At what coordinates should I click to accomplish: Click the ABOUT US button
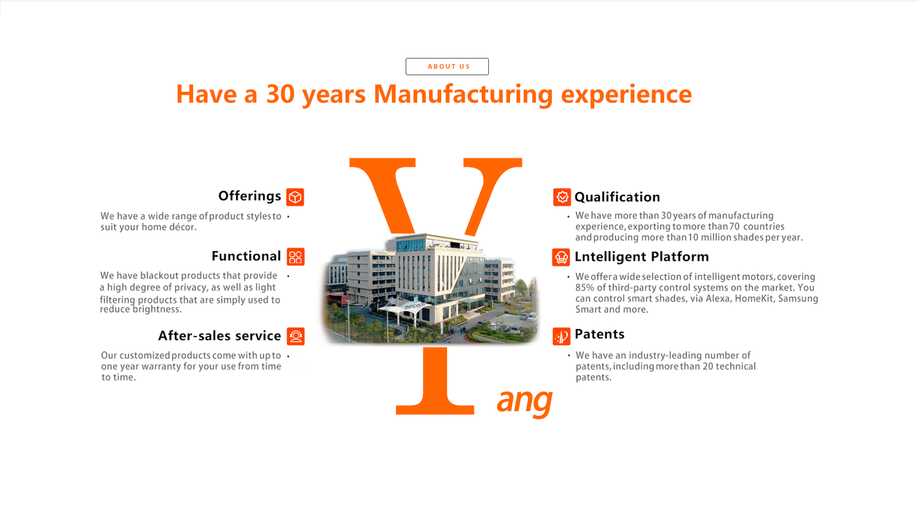[447, 67]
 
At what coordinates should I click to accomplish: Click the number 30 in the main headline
[281, 94]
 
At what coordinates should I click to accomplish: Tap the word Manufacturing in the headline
[463, 95]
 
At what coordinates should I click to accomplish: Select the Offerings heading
[249, 196]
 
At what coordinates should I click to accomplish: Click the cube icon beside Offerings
[295, 197]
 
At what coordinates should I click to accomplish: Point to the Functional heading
[246, 256]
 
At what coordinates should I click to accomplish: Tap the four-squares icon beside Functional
[295, 257]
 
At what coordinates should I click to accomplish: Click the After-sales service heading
[219, 336]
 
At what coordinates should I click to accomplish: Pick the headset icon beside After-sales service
[295, 336]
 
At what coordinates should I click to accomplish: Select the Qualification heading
[617, 197]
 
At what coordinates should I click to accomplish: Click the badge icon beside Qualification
[562, 197]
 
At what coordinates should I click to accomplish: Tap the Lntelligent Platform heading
[641, 257]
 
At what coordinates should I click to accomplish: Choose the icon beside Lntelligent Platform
[561, 257]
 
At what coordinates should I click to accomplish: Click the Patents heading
[600, 334]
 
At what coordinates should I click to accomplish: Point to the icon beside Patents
[562, 336]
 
